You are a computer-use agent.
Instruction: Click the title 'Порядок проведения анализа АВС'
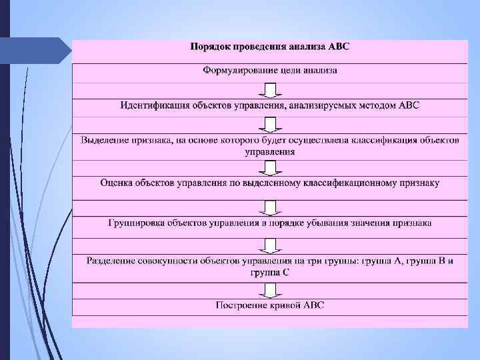[269, 47]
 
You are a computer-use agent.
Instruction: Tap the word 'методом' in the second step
[378, 105]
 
